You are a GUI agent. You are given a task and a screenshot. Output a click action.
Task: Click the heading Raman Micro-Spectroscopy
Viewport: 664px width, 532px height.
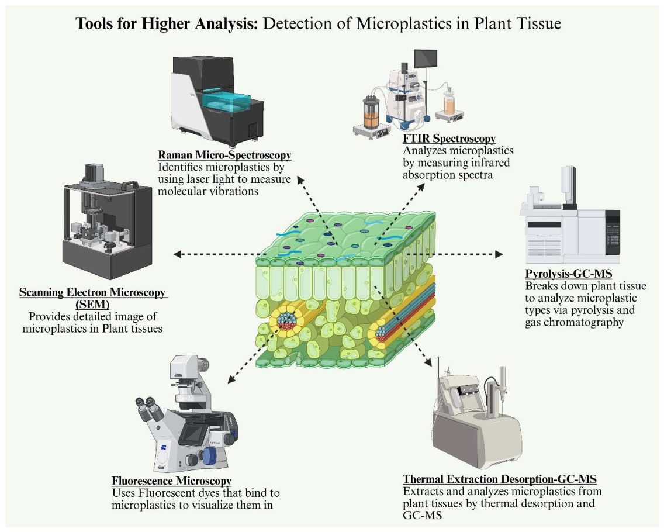(224, 155)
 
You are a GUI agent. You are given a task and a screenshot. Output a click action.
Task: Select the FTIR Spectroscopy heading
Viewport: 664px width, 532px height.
(449, 139)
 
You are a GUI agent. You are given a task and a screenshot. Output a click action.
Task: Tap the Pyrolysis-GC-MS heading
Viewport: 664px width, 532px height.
(568, 273)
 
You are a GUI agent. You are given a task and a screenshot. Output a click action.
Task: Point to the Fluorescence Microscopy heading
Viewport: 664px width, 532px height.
(171, 481)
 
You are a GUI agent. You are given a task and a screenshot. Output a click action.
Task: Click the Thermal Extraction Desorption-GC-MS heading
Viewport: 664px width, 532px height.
(500, 479)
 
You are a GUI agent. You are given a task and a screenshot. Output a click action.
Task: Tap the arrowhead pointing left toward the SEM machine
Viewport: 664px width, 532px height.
(178, 254)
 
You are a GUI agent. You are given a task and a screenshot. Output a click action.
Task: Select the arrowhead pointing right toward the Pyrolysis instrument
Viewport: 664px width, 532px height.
(499, 254)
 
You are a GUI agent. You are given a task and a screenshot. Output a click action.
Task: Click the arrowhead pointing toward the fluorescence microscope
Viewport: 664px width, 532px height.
(231, 379)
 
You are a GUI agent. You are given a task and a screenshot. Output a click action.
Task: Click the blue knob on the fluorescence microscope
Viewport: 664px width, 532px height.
(210, 456)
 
